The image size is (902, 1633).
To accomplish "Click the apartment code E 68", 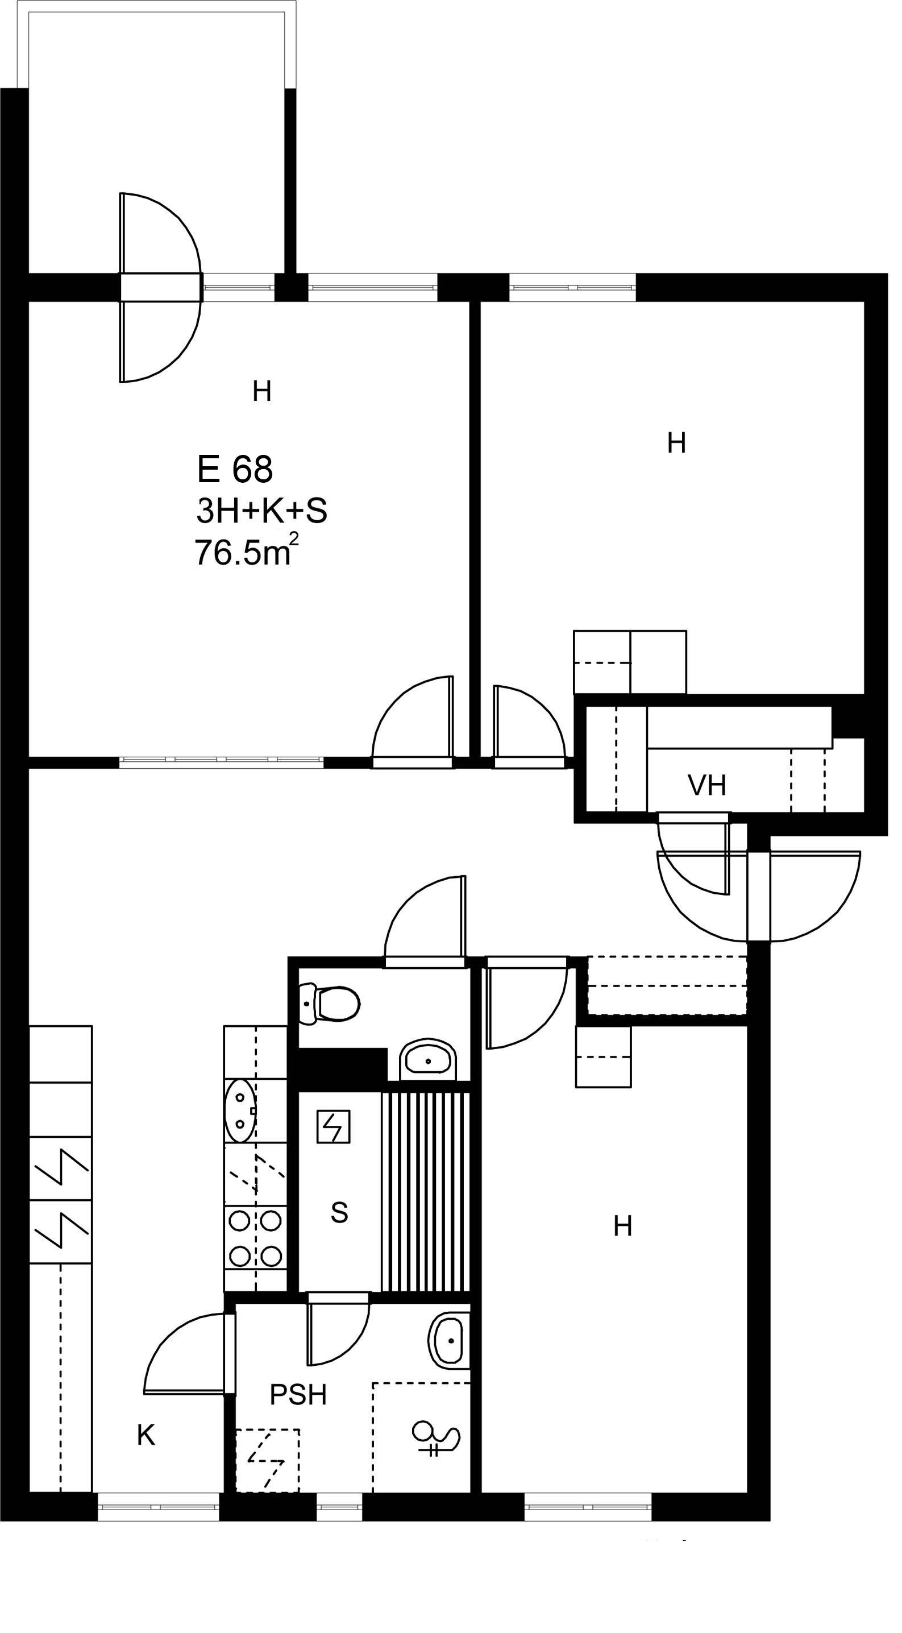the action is coord(235,470).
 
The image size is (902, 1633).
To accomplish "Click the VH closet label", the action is coord(707,786).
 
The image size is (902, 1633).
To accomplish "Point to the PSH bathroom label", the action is coord(298,1394).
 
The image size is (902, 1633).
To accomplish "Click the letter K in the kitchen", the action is coord(146,1435).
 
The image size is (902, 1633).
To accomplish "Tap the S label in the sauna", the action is coord(339,1212).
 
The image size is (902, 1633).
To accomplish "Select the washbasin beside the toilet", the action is coord(429,1060).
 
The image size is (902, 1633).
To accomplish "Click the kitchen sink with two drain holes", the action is coord(240,1110).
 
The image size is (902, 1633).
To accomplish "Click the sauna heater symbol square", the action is coord(334,1126).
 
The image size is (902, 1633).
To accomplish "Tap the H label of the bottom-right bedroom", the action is coord(622,1226).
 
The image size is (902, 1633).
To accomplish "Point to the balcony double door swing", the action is coord(160,287).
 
